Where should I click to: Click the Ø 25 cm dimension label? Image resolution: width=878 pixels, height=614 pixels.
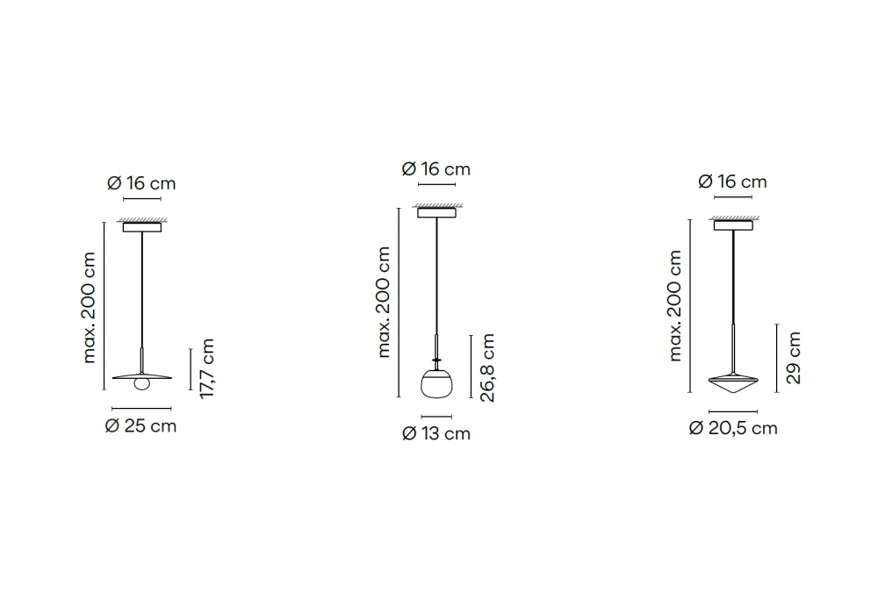click(140, 426)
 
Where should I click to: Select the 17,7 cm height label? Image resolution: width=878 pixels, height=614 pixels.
click(207, 368)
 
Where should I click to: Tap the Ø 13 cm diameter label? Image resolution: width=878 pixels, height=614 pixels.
click(436, 433)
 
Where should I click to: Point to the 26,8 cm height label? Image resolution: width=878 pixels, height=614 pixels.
click(487, 368)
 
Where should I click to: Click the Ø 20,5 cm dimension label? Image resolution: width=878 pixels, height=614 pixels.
click(733, 428)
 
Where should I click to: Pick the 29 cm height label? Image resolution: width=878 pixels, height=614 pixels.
click(794, 358)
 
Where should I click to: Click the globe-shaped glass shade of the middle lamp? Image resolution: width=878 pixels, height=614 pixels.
click(436, 383)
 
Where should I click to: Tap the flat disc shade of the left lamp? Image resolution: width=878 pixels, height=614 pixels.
click(141, 375)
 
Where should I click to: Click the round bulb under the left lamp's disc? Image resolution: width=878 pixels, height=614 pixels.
click(142, 384)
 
